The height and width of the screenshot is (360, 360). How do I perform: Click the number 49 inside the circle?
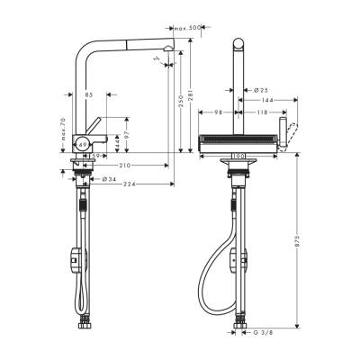(82, 143)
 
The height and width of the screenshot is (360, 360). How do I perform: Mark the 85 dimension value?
(88, 93)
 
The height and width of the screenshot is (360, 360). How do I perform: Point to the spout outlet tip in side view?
(167, 51)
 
